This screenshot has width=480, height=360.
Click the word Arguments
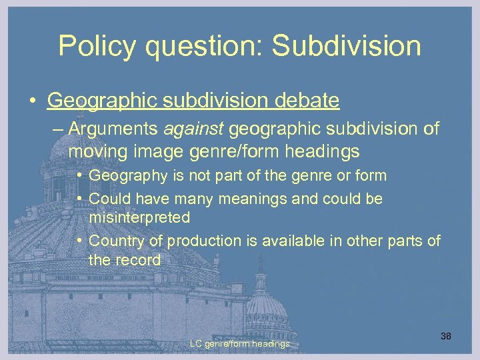[107, 128]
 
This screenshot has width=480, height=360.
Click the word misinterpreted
[139, 217]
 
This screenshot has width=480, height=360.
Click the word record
[137, 259]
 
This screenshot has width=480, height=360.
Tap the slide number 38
[445, 336]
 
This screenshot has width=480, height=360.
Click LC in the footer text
[195, 344]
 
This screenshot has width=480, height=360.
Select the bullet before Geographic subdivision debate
[33, 101]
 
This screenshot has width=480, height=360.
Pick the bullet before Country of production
[79, 241]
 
